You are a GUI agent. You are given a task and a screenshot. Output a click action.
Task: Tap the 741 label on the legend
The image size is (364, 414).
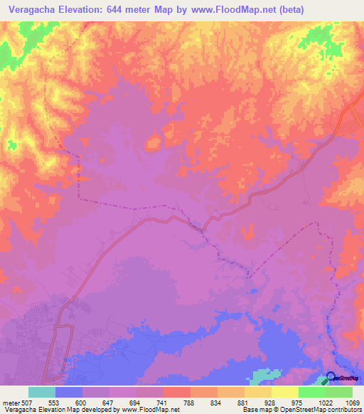point(163,402)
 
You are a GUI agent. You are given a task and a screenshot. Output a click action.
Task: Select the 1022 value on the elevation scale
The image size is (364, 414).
point(324,402)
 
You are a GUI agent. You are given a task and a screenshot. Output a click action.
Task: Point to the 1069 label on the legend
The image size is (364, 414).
point(351,402)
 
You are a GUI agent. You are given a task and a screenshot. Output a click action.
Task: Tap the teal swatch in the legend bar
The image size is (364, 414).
point(42,392)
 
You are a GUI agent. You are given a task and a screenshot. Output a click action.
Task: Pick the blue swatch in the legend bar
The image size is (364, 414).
point(69,392)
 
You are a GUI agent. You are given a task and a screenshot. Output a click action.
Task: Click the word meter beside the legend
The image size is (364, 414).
point(10,402)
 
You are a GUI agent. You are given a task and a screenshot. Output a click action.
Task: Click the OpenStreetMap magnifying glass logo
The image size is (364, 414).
point(331,378)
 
